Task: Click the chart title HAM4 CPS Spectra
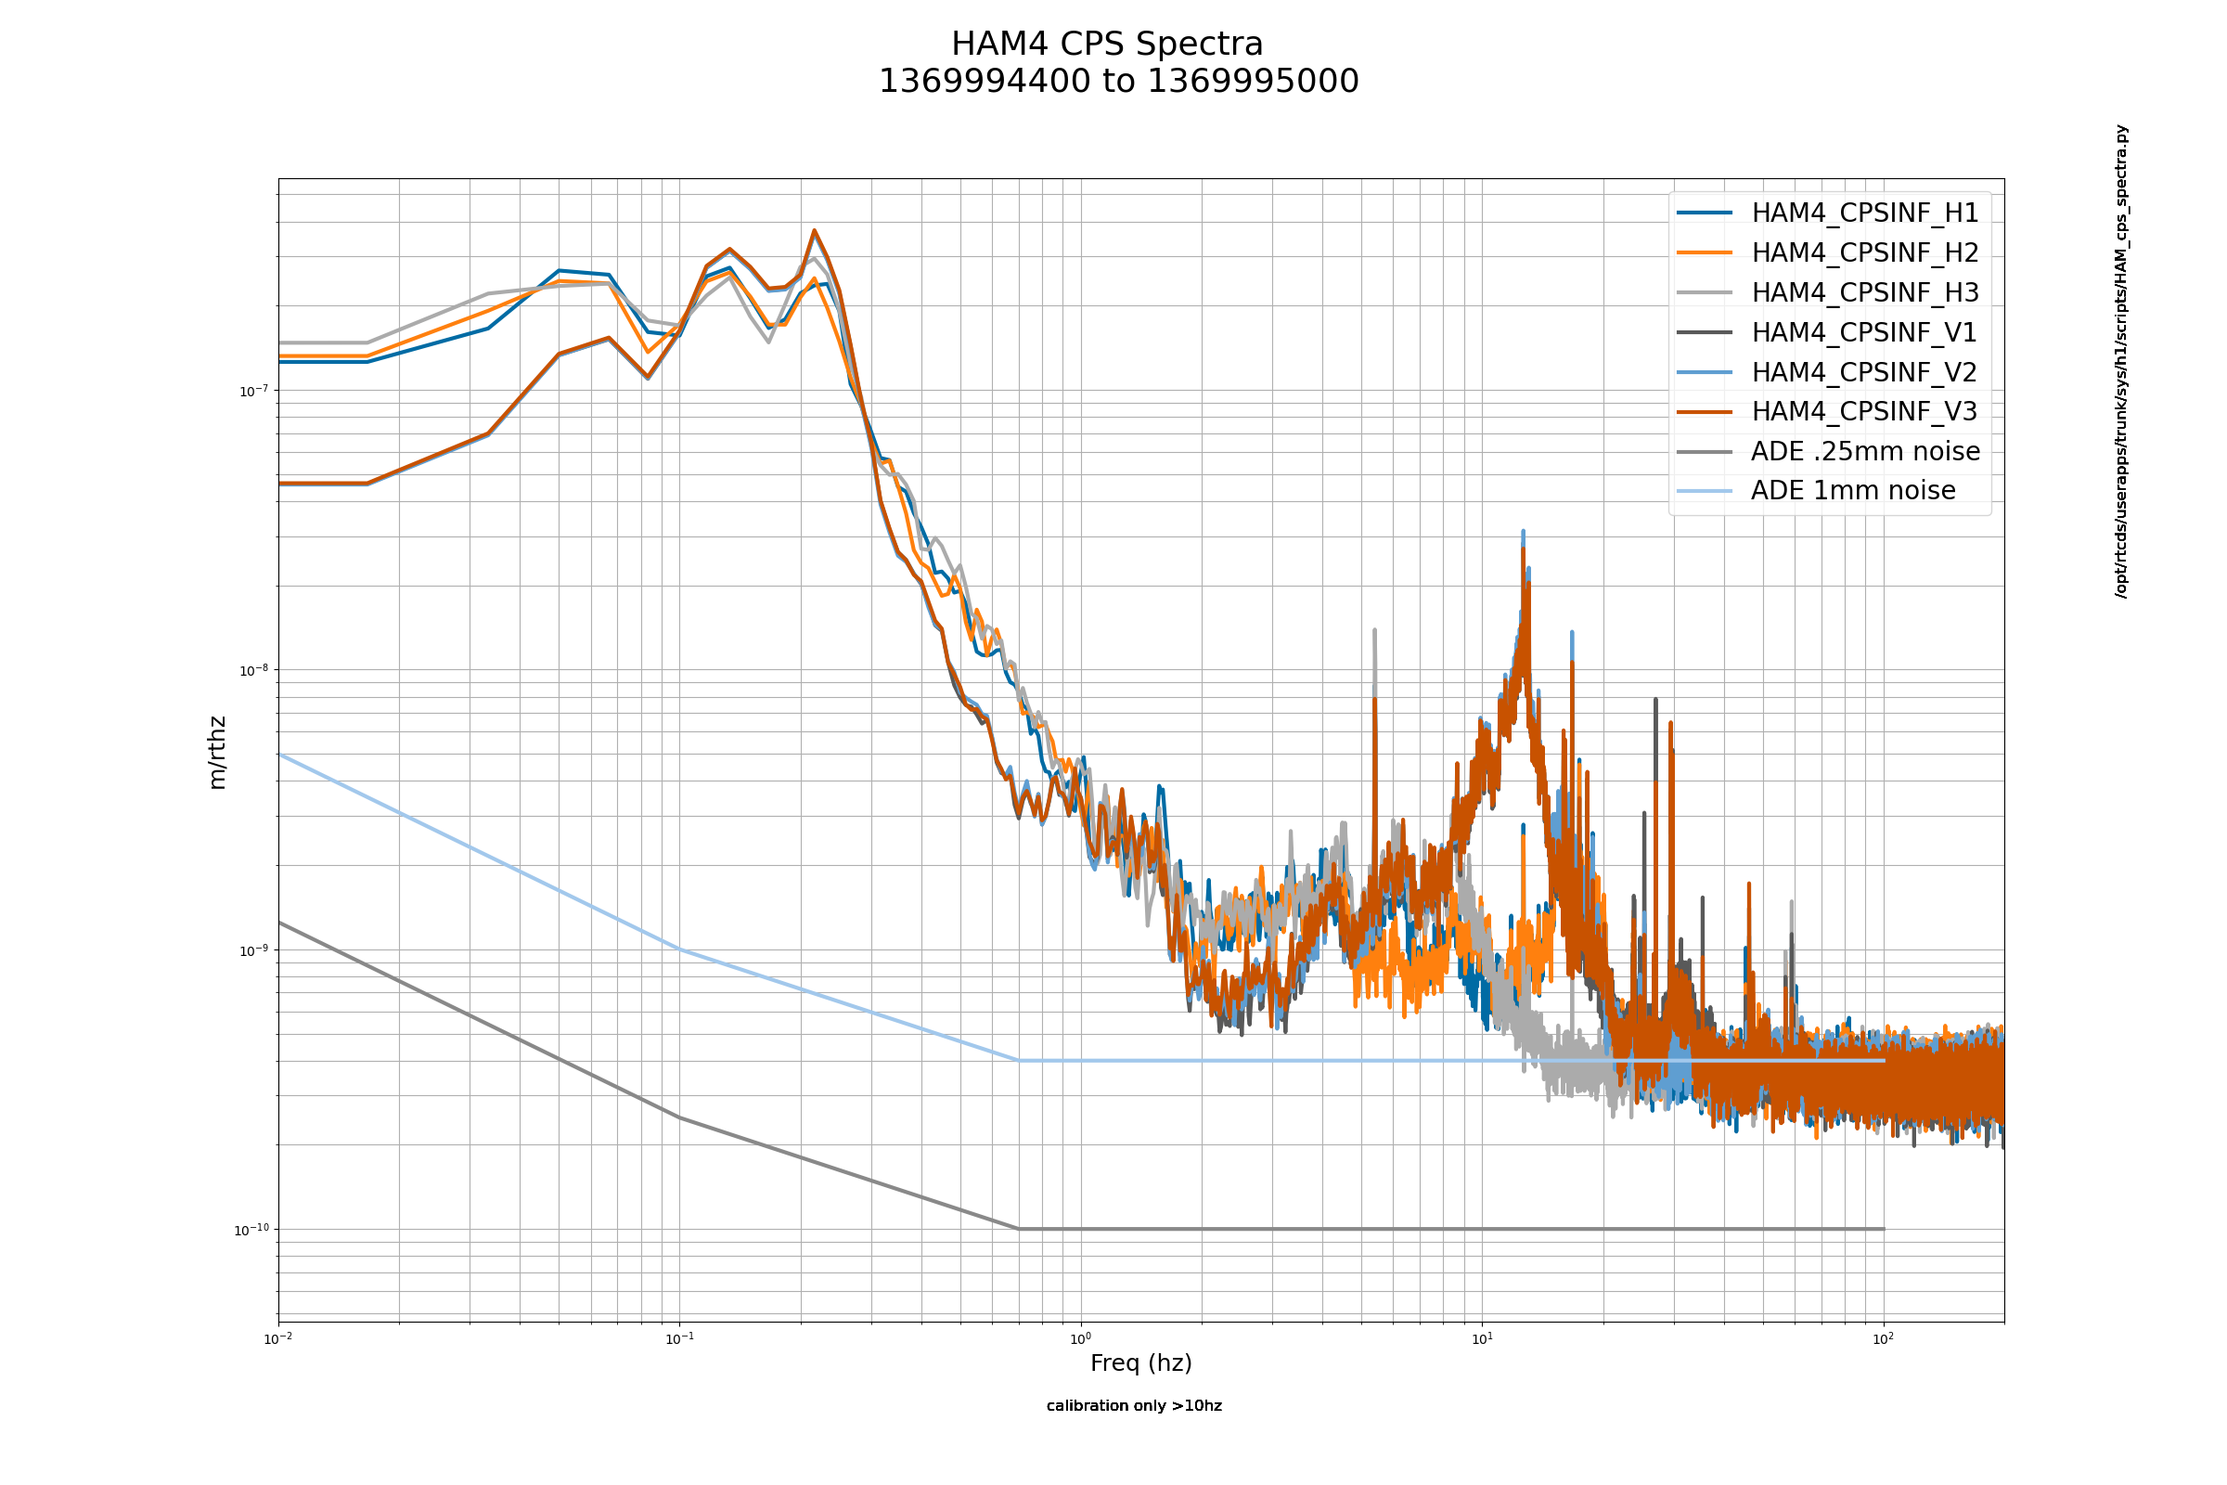1107,45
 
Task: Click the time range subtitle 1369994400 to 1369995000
1118,82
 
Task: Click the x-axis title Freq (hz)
1141,1362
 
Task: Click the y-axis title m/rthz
217,753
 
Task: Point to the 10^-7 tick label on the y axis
253,390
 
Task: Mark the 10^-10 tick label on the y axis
251,1229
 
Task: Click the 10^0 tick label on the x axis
1080,1338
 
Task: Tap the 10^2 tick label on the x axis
1884,1338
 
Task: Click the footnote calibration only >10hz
1134,1405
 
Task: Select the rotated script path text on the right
2121,361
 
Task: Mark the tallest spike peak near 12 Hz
1523,531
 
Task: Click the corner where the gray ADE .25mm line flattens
1019,1228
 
